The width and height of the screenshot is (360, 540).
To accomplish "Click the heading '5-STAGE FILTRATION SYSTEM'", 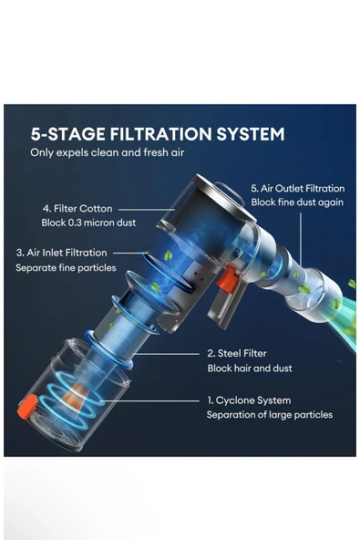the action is tap(158, 134).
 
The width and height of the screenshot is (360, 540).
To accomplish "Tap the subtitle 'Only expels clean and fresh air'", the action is tap(107, 152).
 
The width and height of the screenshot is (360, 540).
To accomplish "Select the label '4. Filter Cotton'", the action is tap(77, 209).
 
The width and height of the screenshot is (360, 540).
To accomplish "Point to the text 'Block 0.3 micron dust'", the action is tap(88, 223).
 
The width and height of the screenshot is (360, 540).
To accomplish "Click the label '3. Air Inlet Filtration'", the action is tap(62, 253).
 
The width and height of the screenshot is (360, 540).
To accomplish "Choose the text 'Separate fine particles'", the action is tap(66, 268).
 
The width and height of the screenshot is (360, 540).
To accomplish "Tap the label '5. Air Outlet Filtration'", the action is tap(298, 189).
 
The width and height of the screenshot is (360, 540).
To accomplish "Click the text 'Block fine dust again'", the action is tap(297, 202).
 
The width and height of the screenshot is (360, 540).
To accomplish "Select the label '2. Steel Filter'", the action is tap(237, 353).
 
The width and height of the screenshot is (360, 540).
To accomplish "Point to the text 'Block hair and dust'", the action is tap(250, 369).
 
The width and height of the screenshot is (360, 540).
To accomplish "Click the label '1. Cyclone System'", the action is tap(249, 400).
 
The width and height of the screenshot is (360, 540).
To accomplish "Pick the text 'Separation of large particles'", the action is tap(270, 415).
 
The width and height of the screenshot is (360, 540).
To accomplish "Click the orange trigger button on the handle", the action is tap(228, 279).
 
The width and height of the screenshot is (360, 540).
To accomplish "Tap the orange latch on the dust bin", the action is tap(26, 407).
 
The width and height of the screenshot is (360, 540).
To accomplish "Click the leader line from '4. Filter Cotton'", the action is tap(147, 209).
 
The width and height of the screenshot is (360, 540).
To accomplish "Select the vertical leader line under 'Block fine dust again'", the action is tap(301, 239).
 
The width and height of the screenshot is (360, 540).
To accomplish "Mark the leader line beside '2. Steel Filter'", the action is tap(167, 354).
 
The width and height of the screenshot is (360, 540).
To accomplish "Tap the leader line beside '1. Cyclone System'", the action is tap(150, 400).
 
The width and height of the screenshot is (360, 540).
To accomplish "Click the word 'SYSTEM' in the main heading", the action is tap(251, 134).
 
